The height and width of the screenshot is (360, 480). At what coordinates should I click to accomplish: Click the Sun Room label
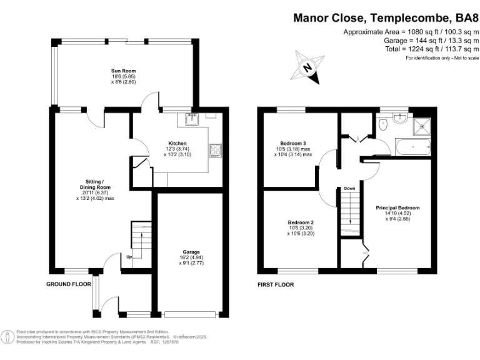[x=123, y=71]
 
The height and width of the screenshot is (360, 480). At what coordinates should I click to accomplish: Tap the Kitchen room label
[x=177, y=143]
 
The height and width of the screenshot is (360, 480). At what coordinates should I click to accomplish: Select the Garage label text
[x=191, y=252]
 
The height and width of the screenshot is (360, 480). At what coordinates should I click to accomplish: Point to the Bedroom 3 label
[x=293, y=143]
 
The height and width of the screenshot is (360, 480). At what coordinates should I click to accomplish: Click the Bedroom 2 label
[x=301, y=222]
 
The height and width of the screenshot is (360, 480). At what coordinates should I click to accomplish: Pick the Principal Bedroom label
[x=397, y=208]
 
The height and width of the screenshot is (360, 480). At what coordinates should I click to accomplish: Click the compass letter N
[x=307, y=67]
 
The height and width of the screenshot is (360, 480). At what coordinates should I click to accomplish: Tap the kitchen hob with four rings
[x=215, y=150]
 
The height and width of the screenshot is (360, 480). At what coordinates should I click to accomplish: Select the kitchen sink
[x=192, y=119]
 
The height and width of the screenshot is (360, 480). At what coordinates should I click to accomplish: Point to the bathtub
[x=413, y=147]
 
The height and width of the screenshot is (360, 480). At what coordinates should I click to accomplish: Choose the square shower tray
[x=422, y=126]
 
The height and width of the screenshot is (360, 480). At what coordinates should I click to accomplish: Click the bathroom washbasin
[x=400, y=118]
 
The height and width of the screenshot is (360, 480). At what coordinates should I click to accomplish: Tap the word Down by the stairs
[x=349, y=189]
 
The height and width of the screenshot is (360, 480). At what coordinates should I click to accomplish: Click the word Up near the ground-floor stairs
[x=129, y=257]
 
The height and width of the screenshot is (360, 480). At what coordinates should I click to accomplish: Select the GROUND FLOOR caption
[x=69, y=284]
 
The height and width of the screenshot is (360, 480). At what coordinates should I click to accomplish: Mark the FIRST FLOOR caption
[x=276, y=285]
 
